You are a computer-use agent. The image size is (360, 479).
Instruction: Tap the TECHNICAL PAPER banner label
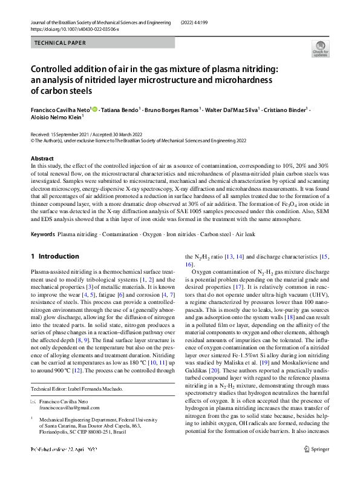pyautogui.click(x=61, y=44)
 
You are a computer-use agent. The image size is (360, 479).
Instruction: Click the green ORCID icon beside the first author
pyautogui.click(x=94, y=110)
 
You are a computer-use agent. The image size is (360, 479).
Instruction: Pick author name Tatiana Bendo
pyautogui.click(x=120, y=110)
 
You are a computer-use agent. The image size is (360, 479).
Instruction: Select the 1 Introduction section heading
pyautogui.click(x=55, y=256)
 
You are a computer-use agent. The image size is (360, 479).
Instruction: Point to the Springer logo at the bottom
pyautogui.click(x=316, y=466)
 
